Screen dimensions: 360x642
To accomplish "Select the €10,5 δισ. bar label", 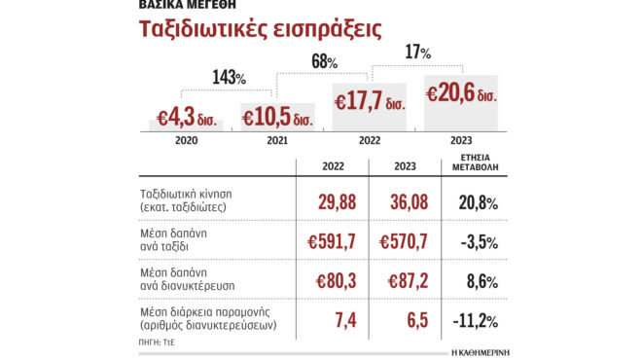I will pyautogui.click(x=276, y=116).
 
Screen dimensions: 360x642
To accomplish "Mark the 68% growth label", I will pyautogui.click(x=324, y=62).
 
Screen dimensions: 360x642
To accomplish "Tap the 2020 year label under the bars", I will pyautogui.click(x=189, y=141).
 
